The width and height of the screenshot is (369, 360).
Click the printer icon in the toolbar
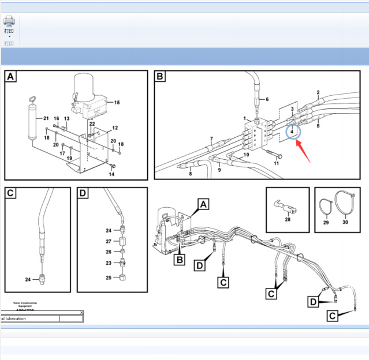[x=9, y=21]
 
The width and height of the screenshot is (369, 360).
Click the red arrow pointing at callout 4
[x=305, y=148]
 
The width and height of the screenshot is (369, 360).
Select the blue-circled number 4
[x=293, y=132]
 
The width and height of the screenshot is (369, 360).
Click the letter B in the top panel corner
[x=161, y=77]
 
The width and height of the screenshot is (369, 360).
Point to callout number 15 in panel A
[x=117, y=103]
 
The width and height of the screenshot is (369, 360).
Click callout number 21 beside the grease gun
[x=46, y=118]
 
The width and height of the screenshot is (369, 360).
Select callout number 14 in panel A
[x=111, y=174]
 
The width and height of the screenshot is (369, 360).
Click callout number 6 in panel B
[x=267, y=99]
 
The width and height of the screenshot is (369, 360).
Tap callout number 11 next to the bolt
[x=276, y=164]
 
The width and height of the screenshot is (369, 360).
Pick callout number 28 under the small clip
[x=287, y=219]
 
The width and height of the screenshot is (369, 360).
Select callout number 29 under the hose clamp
[x=326, y=223]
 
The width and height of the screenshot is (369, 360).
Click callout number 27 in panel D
[x=108, y=241]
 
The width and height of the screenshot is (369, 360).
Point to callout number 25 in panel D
[x=108, y=278]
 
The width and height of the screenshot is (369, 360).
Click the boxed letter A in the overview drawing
[x=203, y=204]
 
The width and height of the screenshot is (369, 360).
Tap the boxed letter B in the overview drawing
[x=180, y=261]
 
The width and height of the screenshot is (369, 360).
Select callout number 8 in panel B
[x=190, y=174]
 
